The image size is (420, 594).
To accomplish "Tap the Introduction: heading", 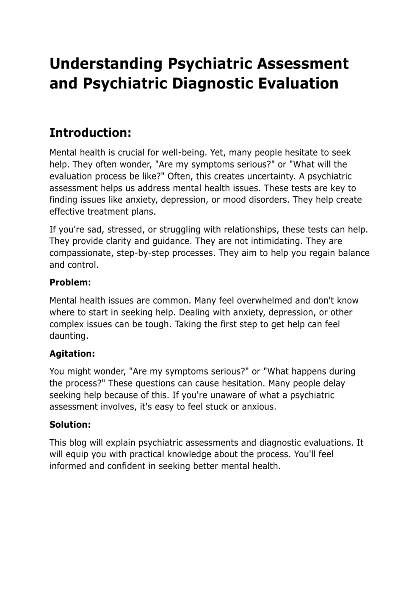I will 90,133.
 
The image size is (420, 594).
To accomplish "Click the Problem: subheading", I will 70,282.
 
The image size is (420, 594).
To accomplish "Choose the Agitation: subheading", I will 72,354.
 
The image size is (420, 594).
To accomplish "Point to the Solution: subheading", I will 70,425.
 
